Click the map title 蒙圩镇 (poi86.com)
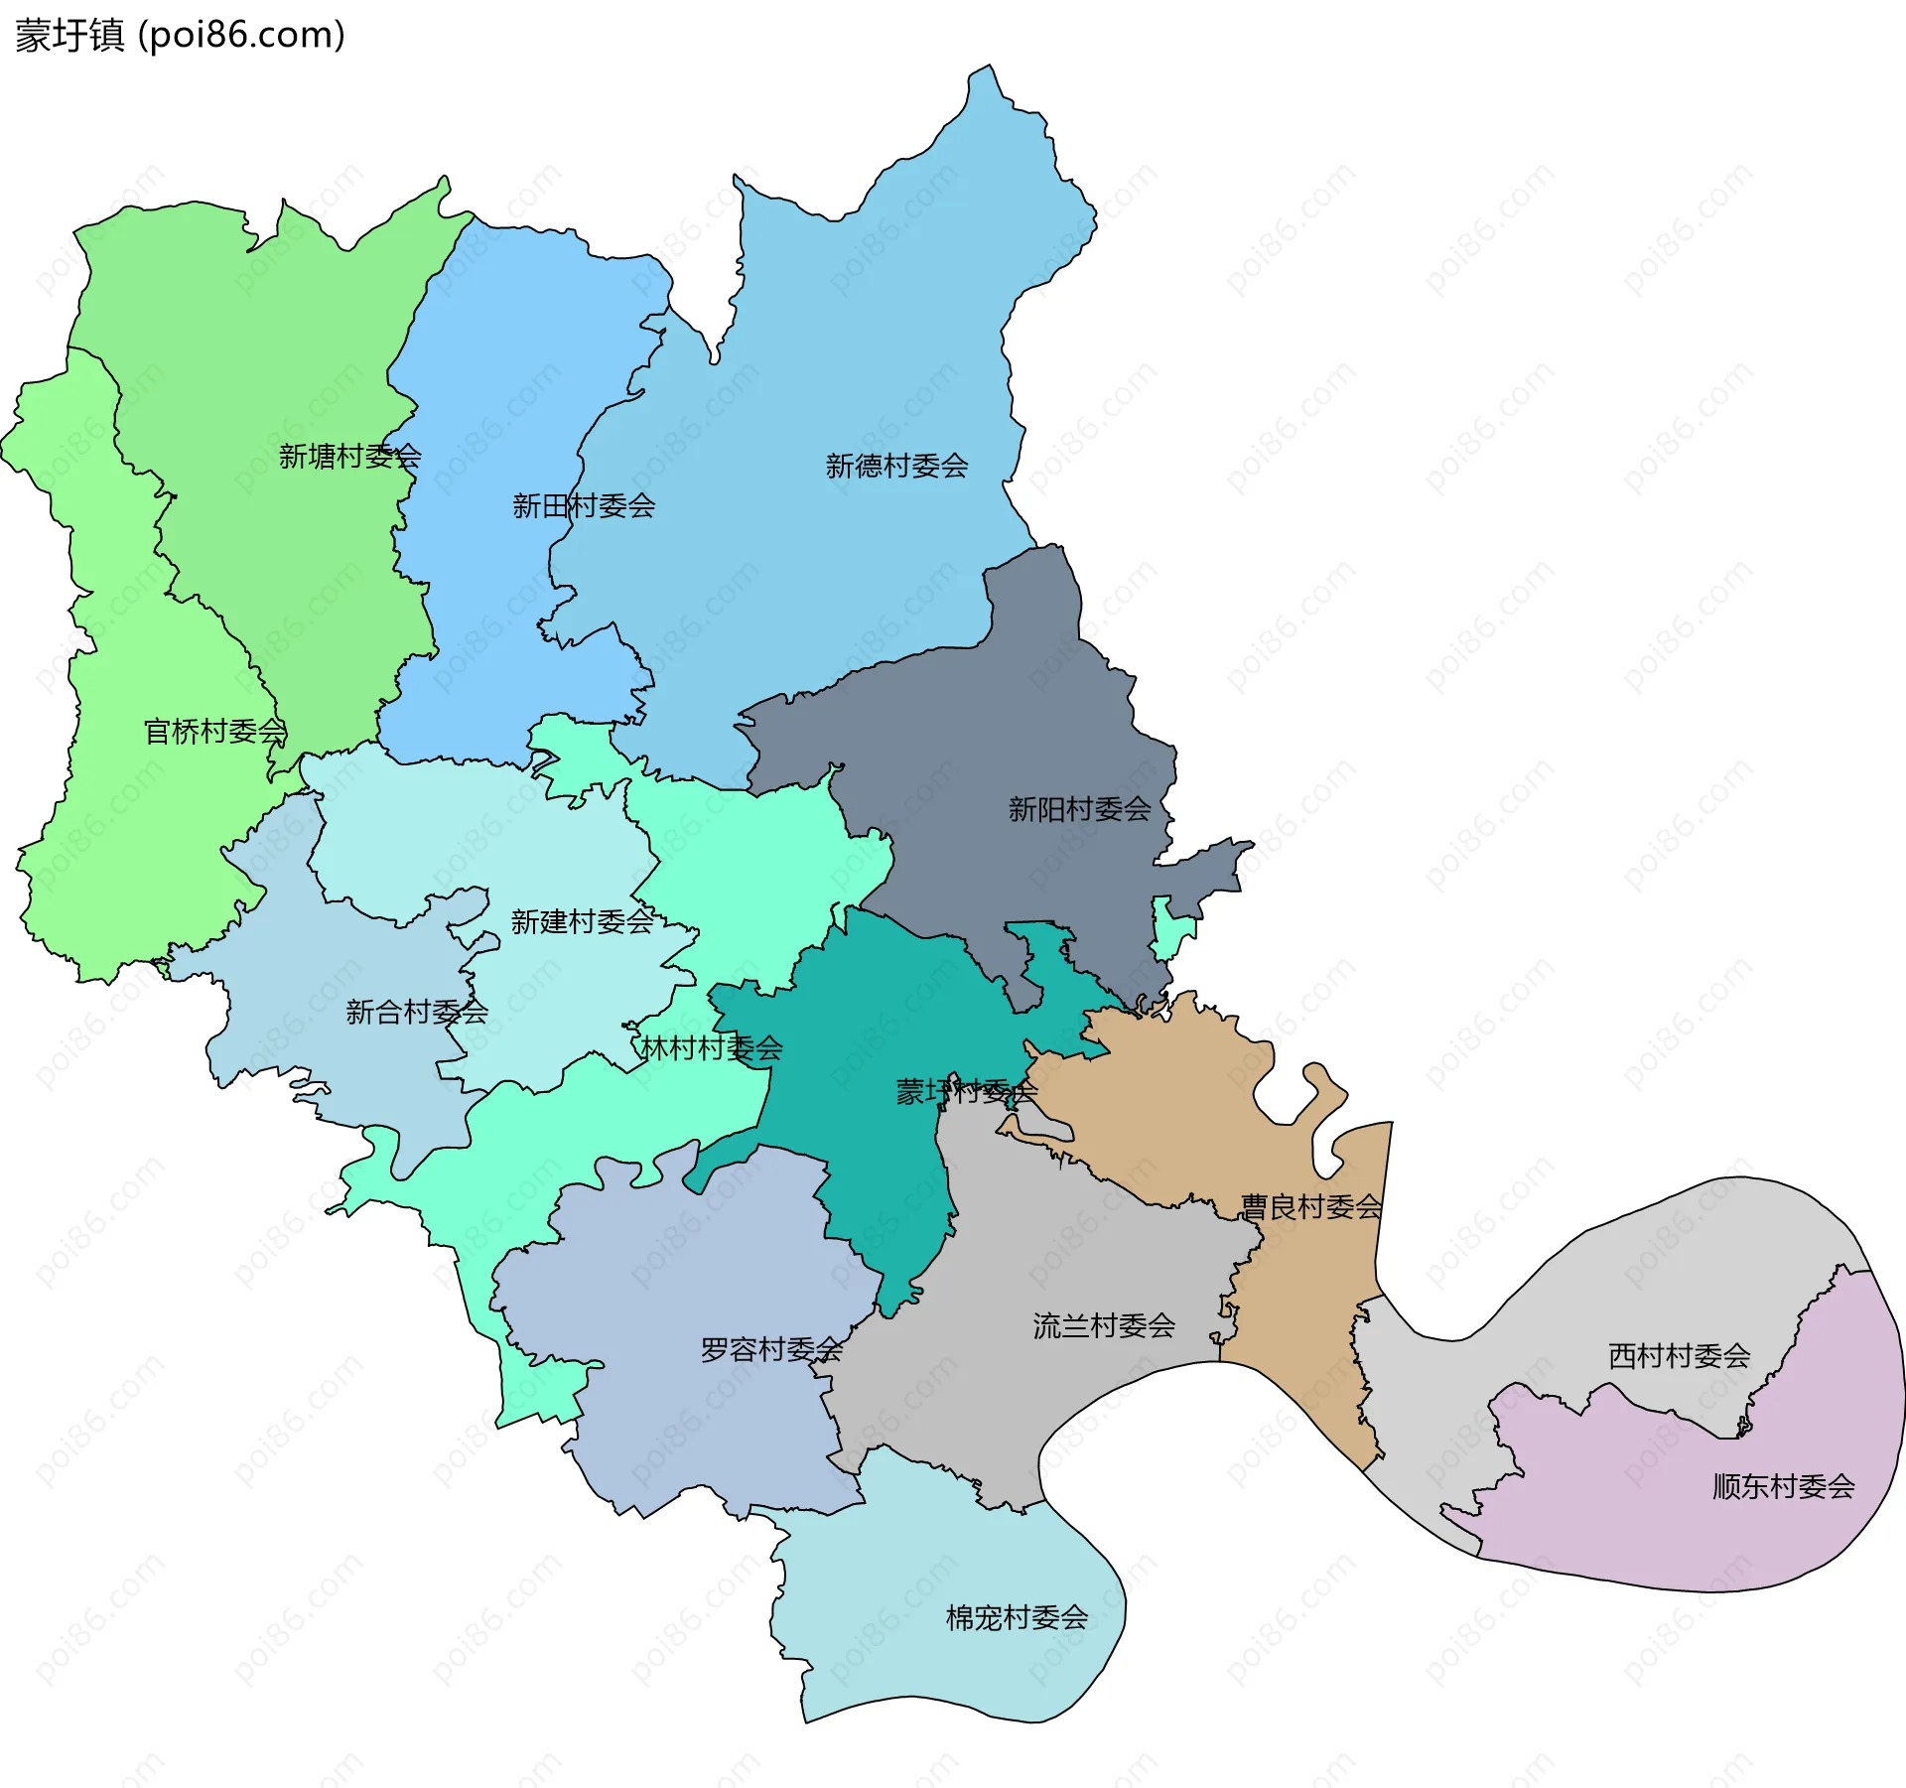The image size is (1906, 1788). tap(180, 36)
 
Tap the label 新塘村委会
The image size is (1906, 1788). tap(349, 457)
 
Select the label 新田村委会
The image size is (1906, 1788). tap(583, 506)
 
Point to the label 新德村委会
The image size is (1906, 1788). tap(896, 466)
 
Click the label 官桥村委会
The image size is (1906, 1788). tap(214, 732)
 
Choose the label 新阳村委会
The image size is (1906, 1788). tap(1079, 809)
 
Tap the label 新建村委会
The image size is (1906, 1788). tap(582, 921)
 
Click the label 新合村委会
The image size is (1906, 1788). tap(416, 1012)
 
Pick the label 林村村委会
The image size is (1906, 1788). tap(711, 1047)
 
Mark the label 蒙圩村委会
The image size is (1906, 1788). tap(966, 1092)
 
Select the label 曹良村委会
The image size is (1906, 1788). tap(1310, 1206)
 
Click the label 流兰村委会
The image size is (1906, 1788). tap(1103, 1325)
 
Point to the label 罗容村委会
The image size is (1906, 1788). tap(771, 1349)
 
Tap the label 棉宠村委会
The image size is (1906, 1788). tap(1017, 1617)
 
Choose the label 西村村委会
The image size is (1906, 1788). tap(1679, 1355)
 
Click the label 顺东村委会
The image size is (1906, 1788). tap(1783, 1486)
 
